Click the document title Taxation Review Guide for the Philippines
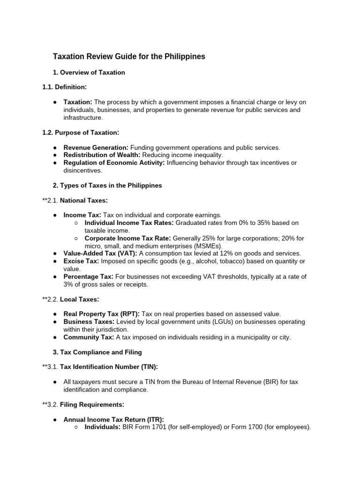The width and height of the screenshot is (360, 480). click(x=128, y=57)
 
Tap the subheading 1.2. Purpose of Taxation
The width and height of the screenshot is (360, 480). click(x=81, y=133)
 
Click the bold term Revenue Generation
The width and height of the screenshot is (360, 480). click(x=96, y=148)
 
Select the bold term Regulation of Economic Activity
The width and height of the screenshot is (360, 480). click(x=114, y=163)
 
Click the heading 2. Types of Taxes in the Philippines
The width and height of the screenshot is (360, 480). click(x=107, y=185)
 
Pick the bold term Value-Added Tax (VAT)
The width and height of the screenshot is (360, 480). click(x=100, y=253)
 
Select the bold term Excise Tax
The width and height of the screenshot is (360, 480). click(x=81, y=261)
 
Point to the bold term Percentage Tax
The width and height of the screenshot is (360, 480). click(x=88, y=277)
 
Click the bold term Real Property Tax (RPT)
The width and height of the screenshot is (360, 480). click(x=101, y=314)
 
